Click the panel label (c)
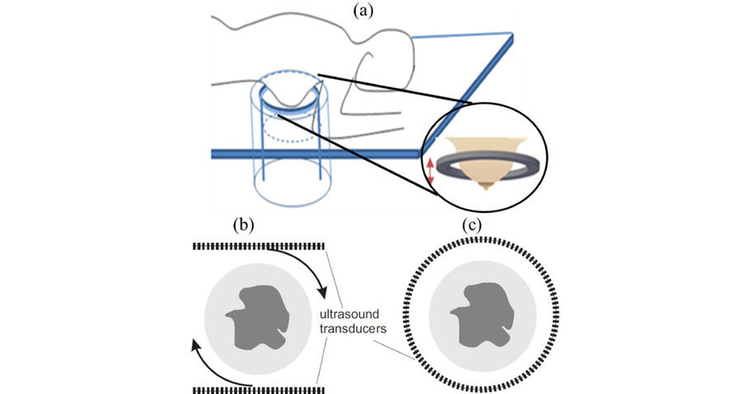471,225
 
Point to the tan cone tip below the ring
486,185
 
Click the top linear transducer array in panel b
259,246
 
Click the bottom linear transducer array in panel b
259,387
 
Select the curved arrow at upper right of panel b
305,267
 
